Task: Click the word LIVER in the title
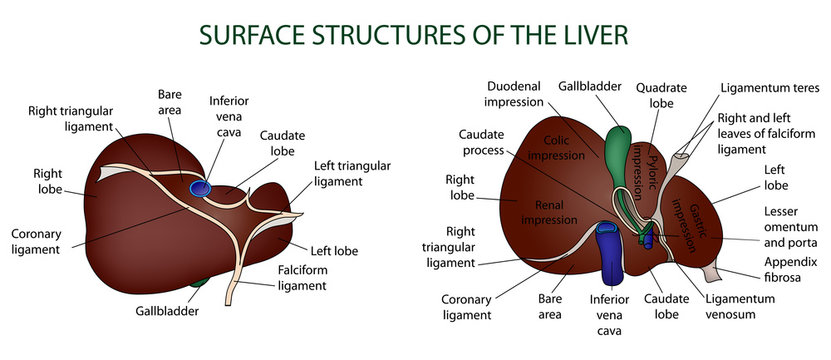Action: pos(587,35)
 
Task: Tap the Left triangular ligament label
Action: pos(351,173)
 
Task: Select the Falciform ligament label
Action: pos(301,277)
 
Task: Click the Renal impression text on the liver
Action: pos(545,211)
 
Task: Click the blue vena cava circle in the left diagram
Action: pos(201,186)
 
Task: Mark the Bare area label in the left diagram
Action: pos(169,101)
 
